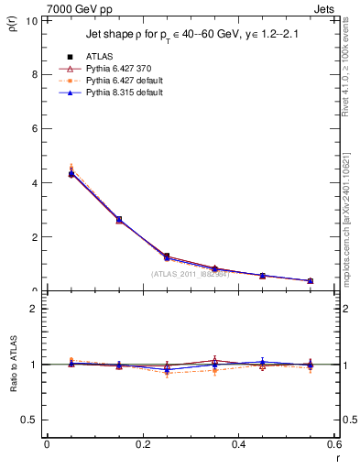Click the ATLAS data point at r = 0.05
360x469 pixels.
tap(71, 174)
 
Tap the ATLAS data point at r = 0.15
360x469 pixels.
tap(119, 219)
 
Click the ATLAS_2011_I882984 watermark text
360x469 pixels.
tap(191, 273)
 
